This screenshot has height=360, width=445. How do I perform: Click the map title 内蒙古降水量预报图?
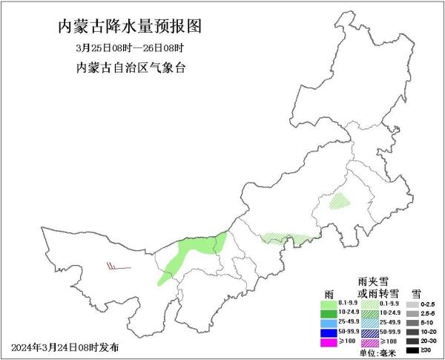coord(129,27)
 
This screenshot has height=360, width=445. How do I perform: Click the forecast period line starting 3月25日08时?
coord(129,48)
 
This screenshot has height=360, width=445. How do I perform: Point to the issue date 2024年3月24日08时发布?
coord(65,347)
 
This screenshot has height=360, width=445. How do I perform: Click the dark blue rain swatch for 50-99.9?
coord(329,333)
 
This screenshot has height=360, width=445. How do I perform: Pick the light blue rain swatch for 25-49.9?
coord(329,324)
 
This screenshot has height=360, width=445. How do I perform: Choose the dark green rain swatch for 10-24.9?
coord(329,314)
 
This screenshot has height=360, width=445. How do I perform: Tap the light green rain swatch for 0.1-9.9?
coord(329,304)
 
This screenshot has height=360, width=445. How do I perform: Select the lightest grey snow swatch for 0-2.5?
coord(411,304)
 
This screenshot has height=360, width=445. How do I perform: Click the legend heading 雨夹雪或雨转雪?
coord(378,288)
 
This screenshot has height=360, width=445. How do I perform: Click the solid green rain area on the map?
coord(190,252)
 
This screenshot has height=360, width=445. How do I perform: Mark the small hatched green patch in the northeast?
coord(342,200)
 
